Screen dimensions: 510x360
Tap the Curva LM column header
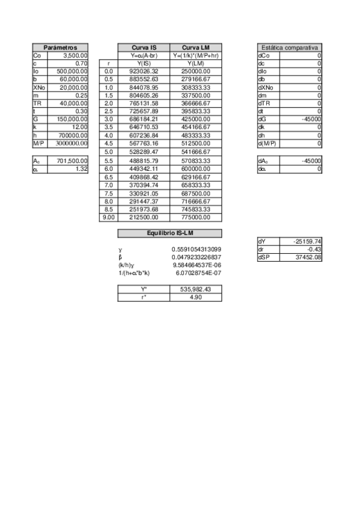click(x=196, y=47)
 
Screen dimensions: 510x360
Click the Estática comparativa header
click(x=289, y=47)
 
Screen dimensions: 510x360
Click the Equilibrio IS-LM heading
click(x=169, y=233)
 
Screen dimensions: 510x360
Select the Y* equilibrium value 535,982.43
click(x=196, y=289)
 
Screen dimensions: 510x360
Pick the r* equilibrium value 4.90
click(x=196, y=297)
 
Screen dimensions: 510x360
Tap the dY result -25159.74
click(x=307, y=241)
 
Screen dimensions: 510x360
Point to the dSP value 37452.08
click(x=307, y=257)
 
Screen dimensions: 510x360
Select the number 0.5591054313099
click(x=197, y=249)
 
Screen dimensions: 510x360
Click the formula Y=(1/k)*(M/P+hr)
click(x=196, y=55)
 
